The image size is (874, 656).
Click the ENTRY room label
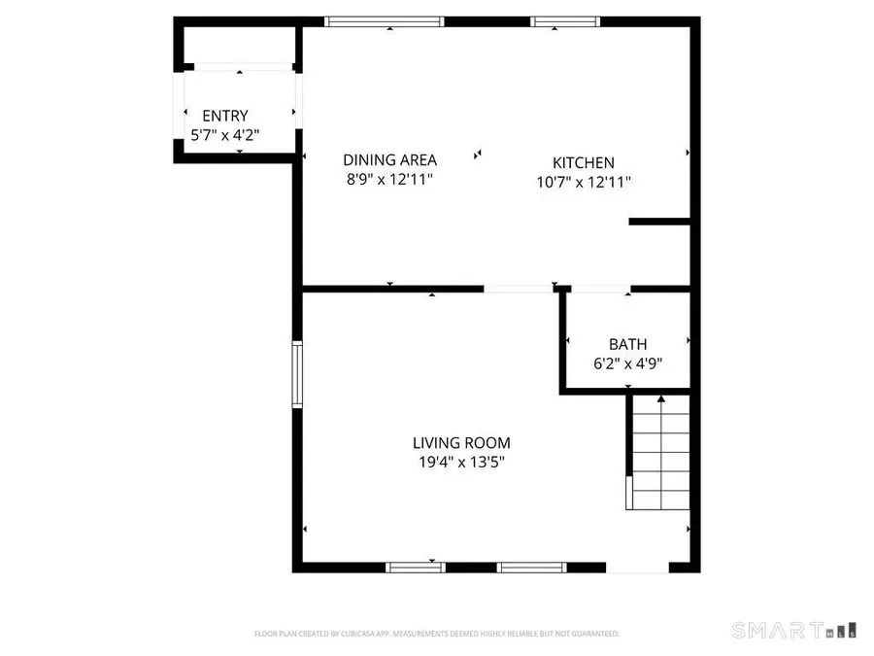(224, 116)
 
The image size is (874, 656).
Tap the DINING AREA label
(389, 160)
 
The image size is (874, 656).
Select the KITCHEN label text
(583, 163)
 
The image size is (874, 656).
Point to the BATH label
(627, 344)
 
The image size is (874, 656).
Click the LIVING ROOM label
(460, 443)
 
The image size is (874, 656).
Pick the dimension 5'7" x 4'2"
(224, 135)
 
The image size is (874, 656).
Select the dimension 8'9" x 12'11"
(389, 180)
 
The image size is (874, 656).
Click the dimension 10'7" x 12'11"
(583, 182)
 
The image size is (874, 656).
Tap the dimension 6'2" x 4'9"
(627, 363)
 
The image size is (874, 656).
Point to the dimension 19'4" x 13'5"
(460, 463)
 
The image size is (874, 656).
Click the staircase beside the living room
(659, 457)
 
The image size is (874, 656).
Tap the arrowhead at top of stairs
(661, 398)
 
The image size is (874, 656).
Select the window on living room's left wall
(298, 373)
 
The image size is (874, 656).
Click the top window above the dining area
(385, 21)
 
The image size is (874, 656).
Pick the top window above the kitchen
(565, 21)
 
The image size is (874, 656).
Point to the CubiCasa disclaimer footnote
(436, 634)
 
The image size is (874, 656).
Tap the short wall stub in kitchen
(660, 223)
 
